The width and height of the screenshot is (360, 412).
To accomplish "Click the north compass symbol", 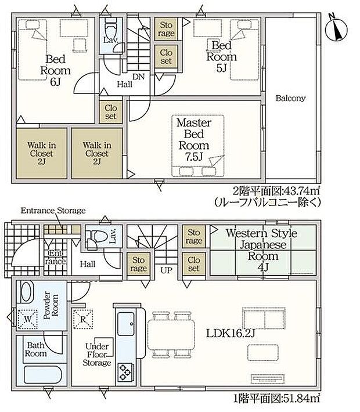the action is click(x=336, y=29).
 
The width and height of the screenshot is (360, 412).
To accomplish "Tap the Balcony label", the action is click(x=290, y=98).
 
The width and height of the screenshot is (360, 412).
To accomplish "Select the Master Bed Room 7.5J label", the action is click(x=194, y=140).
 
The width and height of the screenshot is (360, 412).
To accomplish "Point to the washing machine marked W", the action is click(x=27, y=319).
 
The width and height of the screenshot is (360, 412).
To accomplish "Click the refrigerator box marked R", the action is click(x=83, y=319).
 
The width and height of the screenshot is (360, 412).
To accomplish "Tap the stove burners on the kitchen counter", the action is click(x=125, y=373).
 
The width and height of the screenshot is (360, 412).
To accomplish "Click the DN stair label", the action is click(x=138, y=77).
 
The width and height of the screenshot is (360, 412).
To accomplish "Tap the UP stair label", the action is click(x=166, y=270).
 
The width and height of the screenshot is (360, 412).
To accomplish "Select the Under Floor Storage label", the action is click(x=97, y=355).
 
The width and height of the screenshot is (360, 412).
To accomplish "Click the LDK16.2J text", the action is click(x=231, y=334).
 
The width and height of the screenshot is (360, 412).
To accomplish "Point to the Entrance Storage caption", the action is click(x=53, y=211).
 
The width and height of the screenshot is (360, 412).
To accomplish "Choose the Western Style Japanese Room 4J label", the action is click(x=262, y=250).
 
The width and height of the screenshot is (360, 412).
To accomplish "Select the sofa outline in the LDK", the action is click(x=264, y=319).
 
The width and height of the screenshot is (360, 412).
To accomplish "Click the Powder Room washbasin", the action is click(x=27, y=292).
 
